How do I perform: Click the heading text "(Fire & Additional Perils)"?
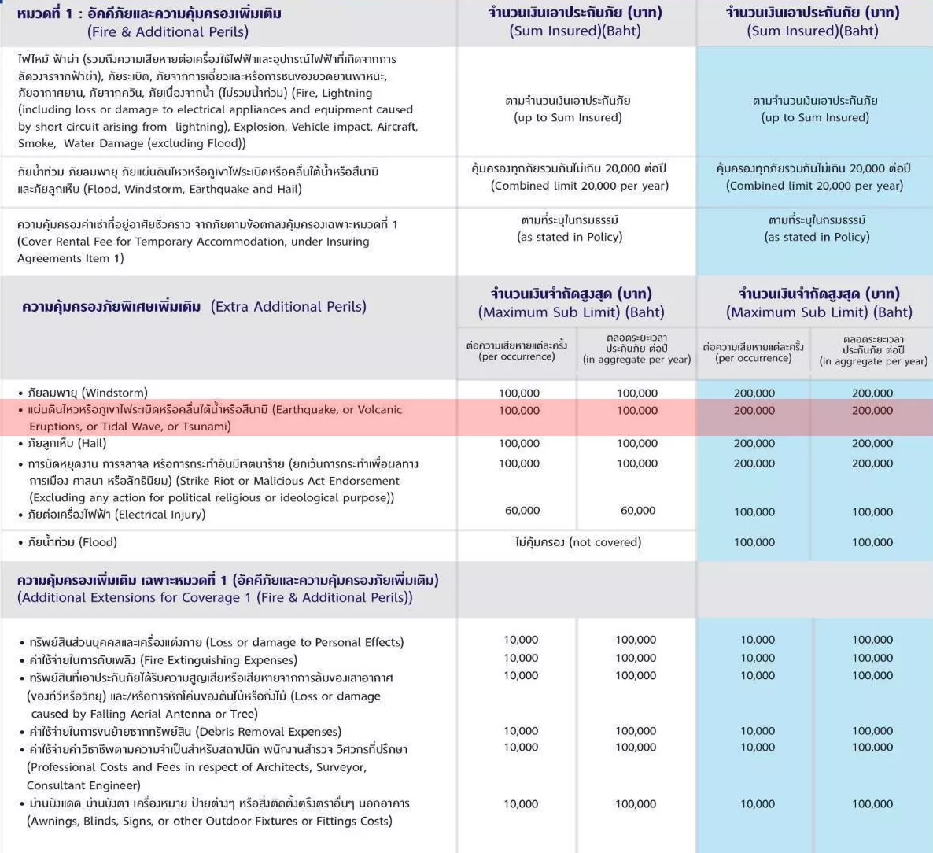168,32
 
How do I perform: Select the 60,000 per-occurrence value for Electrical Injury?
522,511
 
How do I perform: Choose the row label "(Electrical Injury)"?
160,515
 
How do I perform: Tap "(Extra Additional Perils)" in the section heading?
289,307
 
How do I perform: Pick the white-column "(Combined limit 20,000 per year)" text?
580,186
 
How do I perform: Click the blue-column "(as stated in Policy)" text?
817,237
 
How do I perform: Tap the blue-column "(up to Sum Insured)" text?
815,118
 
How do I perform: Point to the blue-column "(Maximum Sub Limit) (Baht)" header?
819,312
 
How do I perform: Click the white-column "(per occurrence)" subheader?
517,356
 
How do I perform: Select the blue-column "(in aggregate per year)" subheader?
873,361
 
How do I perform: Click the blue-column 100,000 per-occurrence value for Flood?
754,542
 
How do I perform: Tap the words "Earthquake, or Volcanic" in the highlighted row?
337,410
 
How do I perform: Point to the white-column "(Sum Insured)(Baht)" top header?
575,31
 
